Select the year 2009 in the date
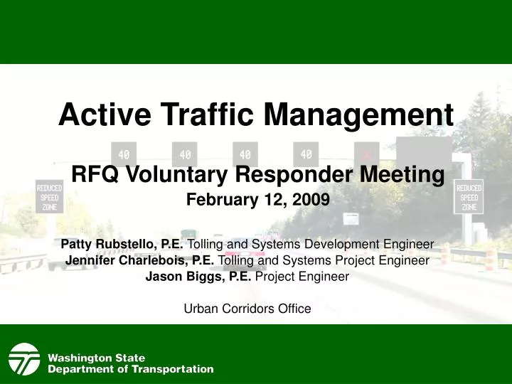click(314, 200)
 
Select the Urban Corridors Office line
click(247, 309)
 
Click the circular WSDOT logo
click(24, 359)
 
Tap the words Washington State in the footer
click(96, 358)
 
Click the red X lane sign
click(367, 154)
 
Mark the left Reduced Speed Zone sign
click(50, 196)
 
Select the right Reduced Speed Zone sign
click(469, 196)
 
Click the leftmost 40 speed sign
click(124, 154)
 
